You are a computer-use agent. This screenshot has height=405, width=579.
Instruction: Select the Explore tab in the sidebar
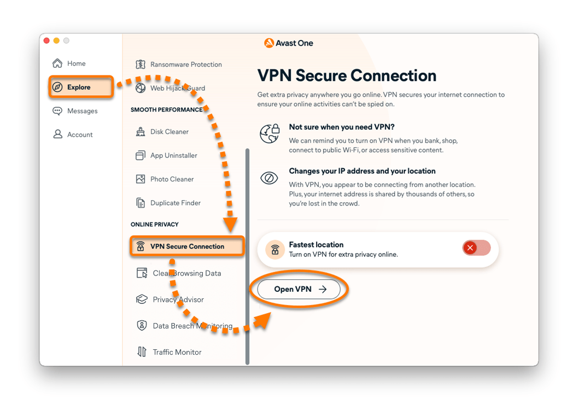[78, 87]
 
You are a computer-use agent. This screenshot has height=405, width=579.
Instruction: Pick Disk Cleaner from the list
[169, 132]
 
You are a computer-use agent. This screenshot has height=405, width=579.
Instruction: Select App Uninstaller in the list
[173, 155]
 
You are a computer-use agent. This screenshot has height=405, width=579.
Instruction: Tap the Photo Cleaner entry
[172, 179]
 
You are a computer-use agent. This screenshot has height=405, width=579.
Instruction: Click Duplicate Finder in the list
[175, 203]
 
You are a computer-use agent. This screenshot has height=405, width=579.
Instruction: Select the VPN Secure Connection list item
[186, 246]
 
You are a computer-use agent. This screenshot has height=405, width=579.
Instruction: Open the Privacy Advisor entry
[178, 300]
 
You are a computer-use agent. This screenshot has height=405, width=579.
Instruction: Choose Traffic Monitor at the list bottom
[177, 352]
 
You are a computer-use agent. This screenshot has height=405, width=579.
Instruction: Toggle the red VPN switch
[476, 248]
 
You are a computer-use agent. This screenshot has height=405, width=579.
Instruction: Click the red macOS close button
[46, 41]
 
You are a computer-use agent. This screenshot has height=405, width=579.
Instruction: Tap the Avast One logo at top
[289, 43]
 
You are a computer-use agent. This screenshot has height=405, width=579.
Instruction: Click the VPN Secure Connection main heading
[347, 75]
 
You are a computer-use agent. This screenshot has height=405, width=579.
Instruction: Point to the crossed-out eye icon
[269, 178]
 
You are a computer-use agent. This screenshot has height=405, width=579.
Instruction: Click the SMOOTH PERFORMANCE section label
[166, 110]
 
